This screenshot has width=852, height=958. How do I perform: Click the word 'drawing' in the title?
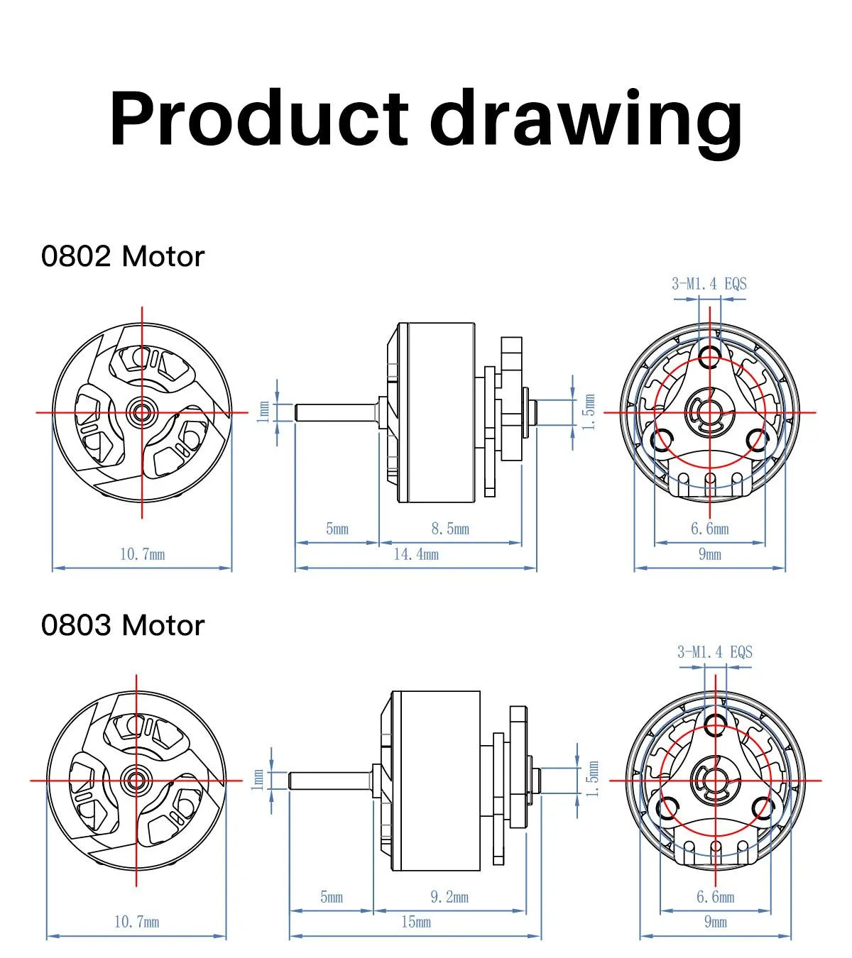(x=586, y=119)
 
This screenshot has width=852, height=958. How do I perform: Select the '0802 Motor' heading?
(x=123, y=256)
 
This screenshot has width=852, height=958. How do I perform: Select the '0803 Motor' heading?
(x=123, y=625)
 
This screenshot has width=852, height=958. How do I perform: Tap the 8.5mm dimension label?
(x=450, y=529)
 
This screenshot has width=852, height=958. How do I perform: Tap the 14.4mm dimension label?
(x=416, y=554)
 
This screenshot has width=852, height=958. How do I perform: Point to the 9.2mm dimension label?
(x=449, y=897)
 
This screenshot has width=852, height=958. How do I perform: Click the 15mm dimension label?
(x=416, y=923)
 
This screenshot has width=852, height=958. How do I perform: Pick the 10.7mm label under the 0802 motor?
(x=142, y=554)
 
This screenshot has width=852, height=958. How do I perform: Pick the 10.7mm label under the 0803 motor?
(x=136, y=923)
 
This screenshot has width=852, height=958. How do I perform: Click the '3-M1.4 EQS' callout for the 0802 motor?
(x=709, y=284)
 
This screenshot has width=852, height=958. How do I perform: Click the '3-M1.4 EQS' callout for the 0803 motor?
(x=714, y=652)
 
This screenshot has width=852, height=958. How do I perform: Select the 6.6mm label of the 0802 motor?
(x=709, y=529)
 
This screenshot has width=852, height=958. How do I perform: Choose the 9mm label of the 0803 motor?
(x=715, y=923)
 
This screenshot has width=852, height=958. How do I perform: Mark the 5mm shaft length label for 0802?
(x=337, y=529)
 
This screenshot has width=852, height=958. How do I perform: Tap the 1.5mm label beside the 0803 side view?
(x=594, y=779)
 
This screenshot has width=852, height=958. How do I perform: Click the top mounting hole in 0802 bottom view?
(x=709, y=355)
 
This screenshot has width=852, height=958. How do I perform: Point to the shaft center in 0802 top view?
(x=142, y=412)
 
